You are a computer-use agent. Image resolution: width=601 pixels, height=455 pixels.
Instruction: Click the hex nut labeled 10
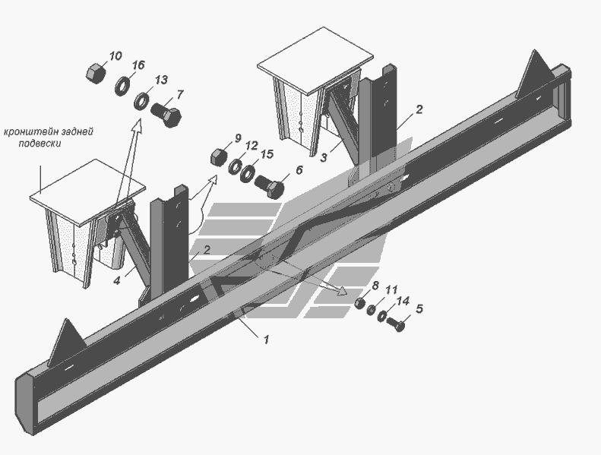tap(95, 73)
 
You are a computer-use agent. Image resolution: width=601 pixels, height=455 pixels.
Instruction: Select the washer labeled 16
tap(122, 86)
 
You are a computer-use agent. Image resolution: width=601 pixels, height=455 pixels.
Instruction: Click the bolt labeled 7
tap(166, 115)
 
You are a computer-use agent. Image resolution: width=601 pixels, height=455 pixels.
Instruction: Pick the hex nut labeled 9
tap(218, 156)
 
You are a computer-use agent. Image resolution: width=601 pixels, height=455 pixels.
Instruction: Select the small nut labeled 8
tap(360, 303)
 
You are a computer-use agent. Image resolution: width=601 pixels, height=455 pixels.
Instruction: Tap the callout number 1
tap(266, 339)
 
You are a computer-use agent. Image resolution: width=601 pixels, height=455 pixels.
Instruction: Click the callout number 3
tap(324, 157)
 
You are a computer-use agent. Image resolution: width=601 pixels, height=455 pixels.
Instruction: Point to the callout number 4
tap(117, 280)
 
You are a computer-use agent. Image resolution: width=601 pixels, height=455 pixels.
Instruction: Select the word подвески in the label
tap(40, 144)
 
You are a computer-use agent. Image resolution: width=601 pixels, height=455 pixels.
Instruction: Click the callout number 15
tap(267, 154)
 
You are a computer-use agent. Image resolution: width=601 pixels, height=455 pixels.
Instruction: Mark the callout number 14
tap(403, 301)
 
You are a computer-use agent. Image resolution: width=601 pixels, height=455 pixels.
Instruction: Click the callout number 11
tap(391, 290)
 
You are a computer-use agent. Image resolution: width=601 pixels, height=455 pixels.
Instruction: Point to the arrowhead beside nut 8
tap(341, 291)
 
